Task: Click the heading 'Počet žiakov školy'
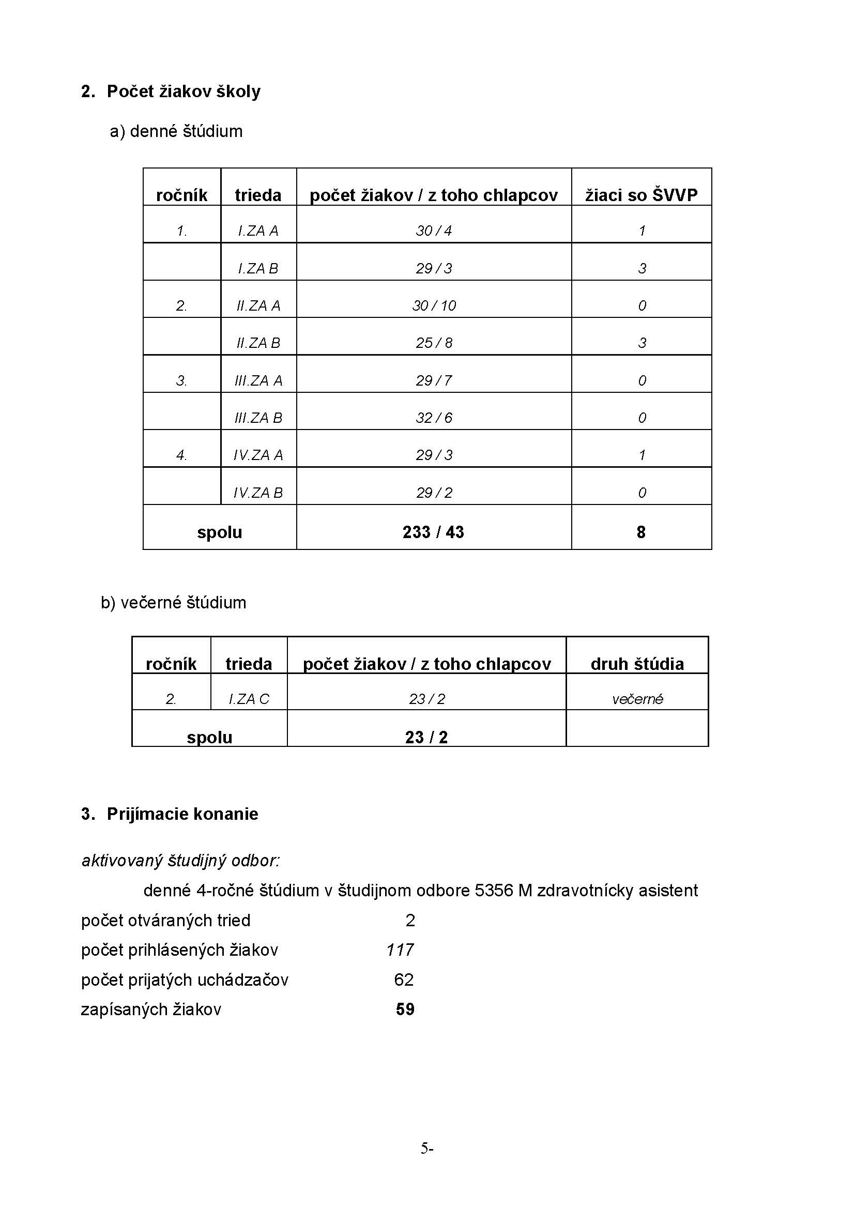(x=183, y=91)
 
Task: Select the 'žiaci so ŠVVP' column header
(x=640, y=195)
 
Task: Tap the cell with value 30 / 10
(x=434, y=305)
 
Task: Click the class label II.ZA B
(x=258, y=343)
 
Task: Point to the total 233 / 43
(x=433, y=532)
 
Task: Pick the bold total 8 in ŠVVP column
(x=640, y=532)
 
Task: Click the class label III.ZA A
(x=258, y=381)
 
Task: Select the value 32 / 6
(x=434, y=418)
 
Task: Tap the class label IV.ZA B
(x=258, y=493)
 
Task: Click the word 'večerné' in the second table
(x=637, y=699)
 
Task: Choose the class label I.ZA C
(x=249, y=699)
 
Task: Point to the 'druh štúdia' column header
(x=637, y=664)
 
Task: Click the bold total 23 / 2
(x=426, y=737)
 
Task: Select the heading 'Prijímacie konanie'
(x=182, y=814)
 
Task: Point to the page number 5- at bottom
(x=426, y=1148)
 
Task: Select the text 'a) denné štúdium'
(x=176, y=131)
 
